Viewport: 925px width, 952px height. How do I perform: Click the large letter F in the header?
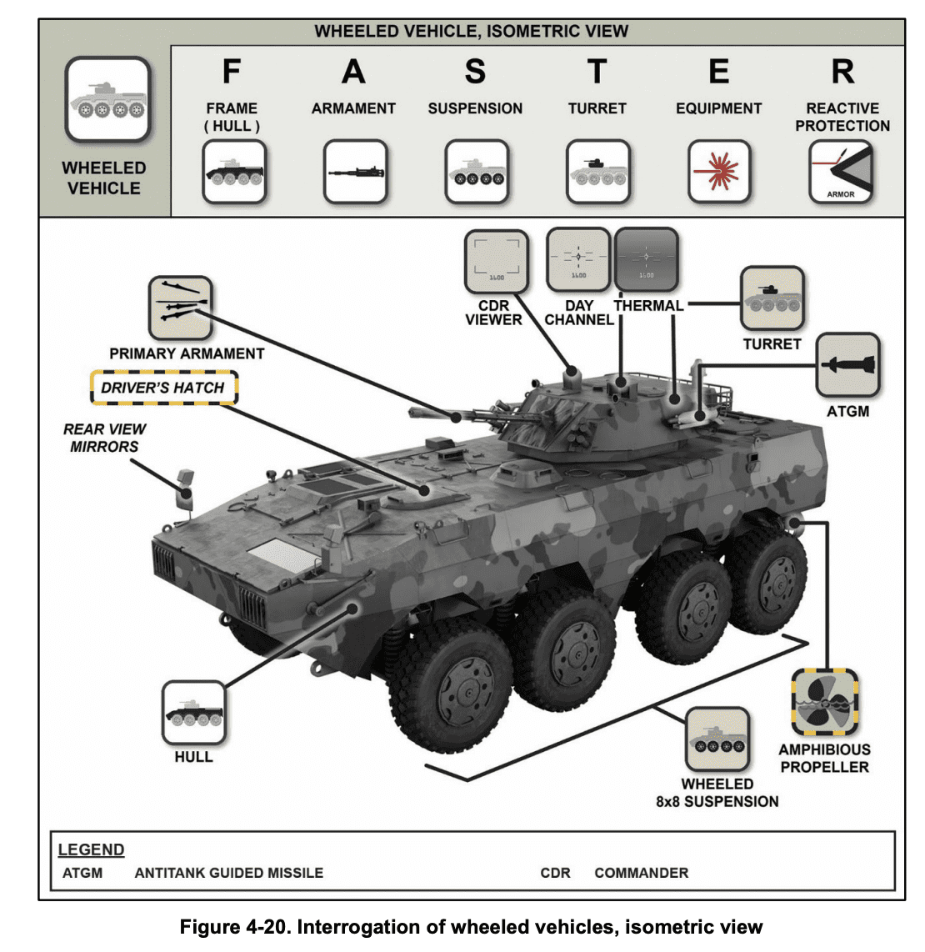pyautogui.click(x=232, y=72)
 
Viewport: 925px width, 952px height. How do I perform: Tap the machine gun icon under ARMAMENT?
pyautogui.click(x=355, y=173)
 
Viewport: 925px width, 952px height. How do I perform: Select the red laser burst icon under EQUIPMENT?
pyautogui.click(x=718, y=173)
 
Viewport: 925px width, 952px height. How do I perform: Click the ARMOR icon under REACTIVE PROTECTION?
pyautogui.click(x=841, y=173)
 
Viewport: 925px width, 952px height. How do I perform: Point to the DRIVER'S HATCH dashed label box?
pyautogui.click(x=163, y=388)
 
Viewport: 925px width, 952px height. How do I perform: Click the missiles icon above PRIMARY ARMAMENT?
pyautogui.click(x=180, y=308)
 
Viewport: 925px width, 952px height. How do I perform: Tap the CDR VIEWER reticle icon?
pyautogui.click(x=497, y=262)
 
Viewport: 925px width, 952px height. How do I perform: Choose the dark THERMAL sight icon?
pyautogui.click(x=646, y=259)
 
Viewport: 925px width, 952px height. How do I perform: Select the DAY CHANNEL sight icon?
pyautogui.click(x=578, y=259)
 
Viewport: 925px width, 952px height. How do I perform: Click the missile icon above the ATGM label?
pyautogui.click(x=847, y=366)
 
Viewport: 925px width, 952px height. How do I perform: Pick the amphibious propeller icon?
pyautogui.click(x=824, y=703)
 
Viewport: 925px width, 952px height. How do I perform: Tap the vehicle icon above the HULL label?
pyautogui.click(x=193, y=714)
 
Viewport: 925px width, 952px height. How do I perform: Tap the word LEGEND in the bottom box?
pyautogui.click(x=91, y=849)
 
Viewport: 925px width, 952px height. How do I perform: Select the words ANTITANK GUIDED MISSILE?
pyautogui.click(x=228, y=873)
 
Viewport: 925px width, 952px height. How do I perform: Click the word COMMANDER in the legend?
pyautogui.click(x=641, y=873)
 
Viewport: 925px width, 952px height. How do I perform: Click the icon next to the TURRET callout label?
pyautogui.click(x=772, y=298)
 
